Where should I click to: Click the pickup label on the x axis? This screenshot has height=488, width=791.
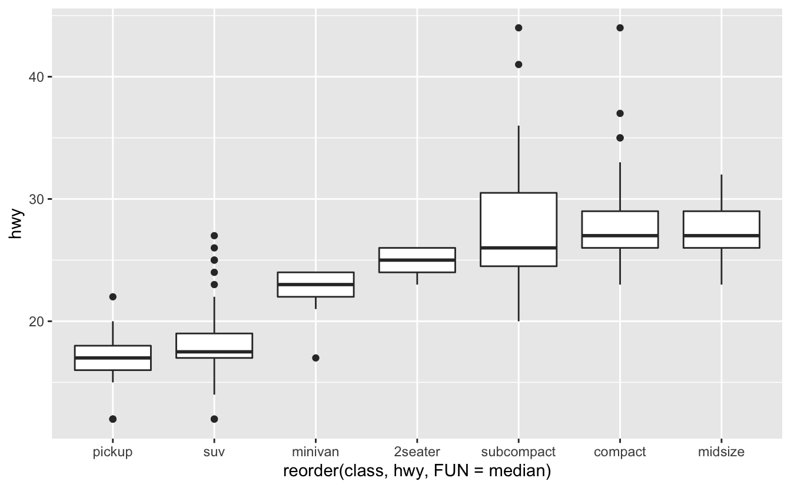(x=112, y=452)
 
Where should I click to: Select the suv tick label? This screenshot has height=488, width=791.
(x=214, y=452)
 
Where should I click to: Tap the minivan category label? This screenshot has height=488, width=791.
(x=315, y=452)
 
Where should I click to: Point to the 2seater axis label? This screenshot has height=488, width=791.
(x=417, y=452)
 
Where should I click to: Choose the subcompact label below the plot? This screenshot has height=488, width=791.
(x=518, y=452)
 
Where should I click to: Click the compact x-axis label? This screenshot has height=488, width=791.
(x=620, y=452)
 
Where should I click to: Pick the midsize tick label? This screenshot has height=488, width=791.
(x=721, y=452)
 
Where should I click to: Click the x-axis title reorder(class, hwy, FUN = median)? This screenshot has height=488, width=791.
(x=417, y=471)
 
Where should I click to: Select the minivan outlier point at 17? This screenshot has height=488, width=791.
(x=315, y=357)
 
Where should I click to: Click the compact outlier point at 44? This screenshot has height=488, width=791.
(x=620, y=28)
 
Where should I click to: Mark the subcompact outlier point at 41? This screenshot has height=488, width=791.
(x=519, y=64)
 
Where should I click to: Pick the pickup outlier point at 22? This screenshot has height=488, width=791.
(x=113, y=297)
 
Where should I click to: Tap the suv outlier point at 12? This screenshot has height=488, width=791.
(x=214, y=419)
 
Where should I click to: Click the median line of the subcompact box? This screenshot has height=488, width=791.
(x=519, y=248)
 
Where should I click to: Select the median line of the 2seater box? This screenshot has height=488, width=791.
(x=417, y=260)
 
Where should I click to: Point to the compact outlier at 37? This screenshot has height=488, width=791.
(x=620, y=113)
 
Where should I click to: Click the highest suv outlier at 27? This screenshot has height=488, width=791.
(x=214, y=236)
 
